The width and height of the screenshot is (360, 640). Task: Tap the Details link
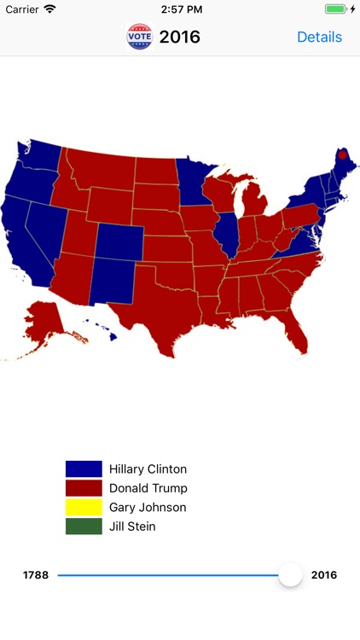tap(319, 37)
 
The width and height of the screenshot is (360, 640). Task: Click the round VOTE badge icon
tap(139, 37)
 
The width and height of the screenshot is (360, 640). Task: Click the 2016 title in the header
tap(180, 37)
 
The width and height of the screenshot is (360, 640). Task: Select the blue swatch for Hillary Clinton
tap(84, 468)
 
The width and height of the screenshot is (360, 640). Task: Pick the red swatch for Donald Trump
tap(84, 488)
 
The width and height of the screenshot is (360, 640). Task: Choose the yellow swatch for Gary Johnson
tap(84, 507)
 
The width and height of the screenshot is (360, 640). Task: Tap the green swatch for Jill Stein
tap(84, 527)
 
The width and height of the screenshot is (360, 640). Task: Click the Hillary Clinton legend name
tap(148, 468)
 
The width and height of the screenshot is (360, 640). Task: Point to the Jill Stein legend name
tap(132, 527)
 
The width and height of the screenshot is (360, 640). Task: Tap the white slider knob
tap(291, 574)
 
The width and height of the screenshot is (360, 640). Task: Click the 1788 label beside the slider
tap(35, 575)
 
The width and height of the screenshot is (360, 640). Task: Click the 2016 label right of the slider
tap(324, 575)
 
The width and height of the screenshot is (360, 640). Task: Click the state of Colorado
tap(119, 241)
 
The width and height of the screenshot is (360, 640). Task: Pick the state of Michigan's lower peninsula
tap(253, 205)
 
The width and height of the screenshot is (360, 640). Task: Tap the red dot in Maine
tap(342, 155)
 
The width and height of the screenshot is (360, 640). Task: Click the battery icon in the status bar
tap(336, 9)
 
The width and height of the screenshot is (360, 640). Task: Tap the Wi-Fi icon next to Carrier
tap(49, 9)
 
